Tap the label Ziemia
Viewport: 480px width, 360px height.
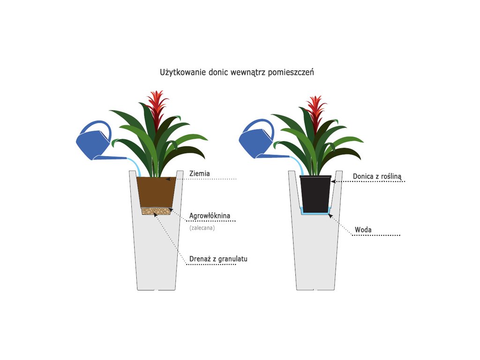[200, 173]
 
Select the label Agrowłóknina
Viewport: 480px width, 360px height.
[210, 216]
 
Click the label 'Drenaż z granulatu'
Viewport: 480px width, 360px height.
[218, 259]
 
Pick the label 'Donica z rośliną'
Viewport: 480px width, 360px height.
[377, 176]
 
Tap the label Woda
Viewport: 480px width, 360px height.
[363, 230]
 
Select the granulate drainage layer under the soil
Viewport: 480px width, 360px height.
[156, 211]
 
